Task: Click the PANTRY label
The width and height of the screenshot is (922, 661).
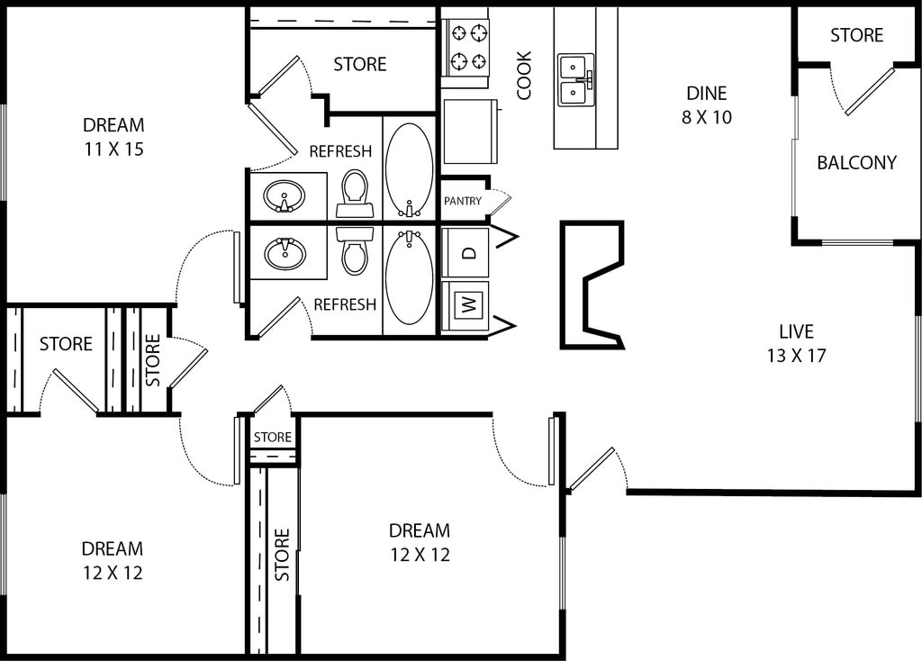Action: (462, 201)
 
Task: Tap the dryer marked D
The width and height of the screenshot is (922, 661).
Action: (466, 252)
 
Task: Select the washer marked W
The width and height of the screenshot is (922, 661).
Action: (466, 304)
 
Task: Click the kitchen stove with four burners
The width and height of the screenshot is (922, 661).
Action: (465, 47)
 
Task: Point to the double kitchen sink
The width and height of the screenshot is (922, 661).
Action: (576, 79)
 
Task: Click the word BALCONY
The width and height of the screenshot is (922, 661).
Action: (856, 163)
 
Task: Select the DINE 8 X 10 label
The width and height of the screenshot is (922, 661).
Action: (706, 104)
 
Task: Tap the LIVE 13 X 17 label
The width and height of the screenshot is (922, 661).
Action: (796, 343)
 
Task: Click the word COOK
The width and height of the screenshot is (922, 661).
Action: (524, 75)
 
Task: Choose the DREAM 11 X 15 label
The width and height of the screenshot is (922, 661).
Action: (113, 137)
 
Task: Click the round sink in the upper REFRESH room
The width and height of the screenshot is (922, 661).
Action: (285, 195)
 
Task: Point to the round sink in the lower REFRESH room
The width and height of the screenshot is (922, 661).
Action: (285, 253)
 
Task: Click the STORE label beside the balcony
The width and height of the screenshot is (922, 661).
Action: (856, 35)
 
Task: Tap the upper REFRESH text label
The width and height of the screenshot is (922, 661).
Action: (340, 151)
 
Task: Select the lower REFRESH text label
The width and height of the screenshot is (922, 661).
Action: (345, 305)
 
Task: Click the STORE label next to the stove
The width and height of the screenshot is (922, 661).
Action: (359, 65)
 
